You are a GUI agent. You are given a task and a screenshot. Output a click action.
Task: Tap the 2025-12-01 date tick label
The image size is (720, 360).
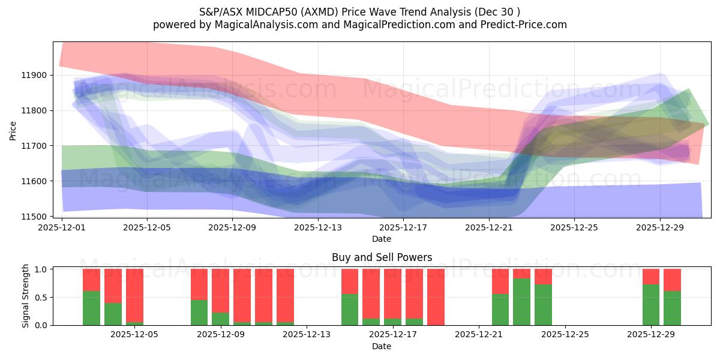pyautogui.click(x=62, y=227)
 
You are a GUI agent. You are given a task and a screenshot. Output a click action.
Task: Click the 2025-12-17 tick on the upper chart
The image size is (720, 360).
pyautogui.click(x=403, y=227)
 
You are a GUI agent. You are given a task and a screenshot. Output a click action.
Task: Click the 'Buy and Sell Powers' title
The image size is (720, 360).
pyautogui.click(x=382, y=257)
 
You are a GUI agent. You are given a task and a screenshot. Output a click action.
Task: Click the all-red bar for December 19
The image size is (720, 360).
pyautogui.click(x=436, y=297)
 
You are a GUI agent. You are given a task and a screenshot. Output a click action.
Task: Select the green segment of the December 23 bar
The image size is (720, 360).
pyautogui.click(x=521, y=302)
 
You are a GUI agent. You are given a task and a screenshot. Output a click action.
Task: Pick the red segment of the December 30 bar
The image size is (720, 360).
pyautogui.click(x=672, y=280)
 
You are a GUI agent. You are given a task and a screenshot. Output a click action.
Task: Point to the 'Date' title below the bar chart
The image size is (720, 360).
pyautogui.click(x=382, y=346)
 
